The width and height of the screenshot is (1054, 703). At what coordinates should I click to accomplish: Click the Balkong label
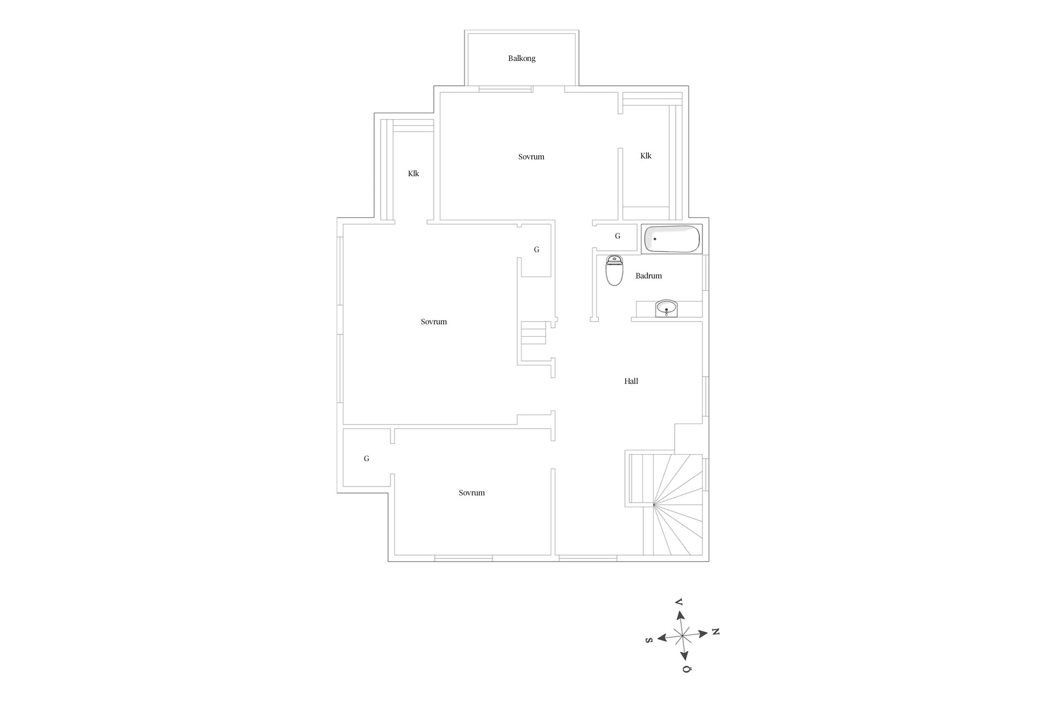pyautogui.click(x=521, y=59)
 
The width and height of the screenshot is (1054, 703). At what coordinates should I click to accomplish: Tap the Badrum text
pyautogui.click(x=648, y=276)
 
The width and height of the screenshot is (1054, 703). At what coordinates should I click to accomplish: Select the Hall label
pyautogui.click(x=631, y=381)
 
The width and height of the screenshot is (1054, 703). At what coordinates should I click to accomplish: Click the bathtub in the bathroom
pyautogui.click(x=672, y=239)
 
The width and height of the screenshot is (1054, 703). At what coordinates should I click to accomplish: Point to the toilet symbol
pyautogui.click(x=614, y=270)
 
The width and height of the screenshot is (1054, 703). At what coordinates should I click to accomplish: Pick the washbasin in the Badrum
pyautogui.click(x=666, y=308)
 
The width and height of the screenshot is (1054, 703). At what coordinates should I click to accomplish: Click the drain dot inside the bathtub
pyautogui.click(x=655, y=239)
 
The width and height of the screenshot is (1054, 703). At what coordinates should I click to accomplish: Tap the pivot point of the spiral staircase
pyautogui.click(x=654, y=505)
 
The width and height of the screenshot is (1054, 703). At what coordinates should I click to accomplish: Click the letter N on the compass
pyautogui.click(x=715, y=632)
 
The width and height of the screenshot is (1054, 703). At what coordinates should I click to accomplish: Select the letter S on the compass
pyautogui.click(x=649, y=641)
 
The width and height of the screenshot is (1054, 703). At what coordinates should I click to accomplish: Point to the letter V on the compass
pyautogui.click(x=678, y=602)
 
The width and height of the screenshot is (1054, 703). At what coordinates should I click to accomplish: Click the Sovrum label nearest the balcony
pyautogui.click(x=531, y=157)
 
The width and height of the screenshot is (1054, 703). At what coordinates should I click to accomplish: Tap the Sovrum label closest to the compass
pyautogui.click(x=472, y=493)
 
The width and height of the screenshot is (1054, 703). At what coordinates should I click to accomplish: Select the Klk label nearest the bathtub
pyautogui.click(x=646, y=156)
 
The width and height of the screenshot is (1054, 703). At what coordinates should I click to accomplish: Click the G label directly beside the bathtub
pyautogui.click(x=617, y=236)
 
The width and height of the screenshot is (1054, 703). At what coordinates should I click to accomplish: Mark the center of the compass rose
pyautogui.click(x=683, y=636)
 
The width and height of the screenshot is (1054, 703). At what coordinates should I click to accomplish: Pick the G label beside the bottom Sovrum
pyautogui.click(x=366, y=459)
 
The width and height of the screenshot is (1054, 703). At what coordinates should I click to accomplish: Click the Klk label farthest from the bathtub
pyautogui.click(x=413, y=174)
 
